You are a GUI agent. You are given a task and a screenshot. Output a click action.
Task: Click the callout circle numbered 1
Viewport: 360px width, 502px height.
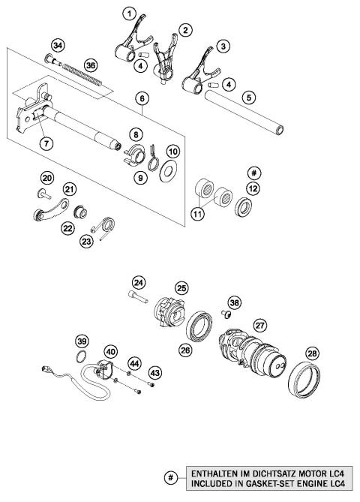tap(130, 14)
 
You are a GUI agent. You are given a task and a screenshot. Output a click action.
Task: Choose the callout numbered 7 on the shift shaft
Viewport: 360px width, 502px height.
tap(46, 142)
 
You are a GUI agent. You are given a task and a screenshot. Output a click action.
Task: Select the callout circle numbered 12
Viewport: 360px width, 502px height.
tap(253, 188)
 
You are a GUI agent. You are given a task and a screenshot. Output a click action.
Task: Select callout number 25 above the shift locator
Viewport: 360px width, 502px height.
tap(181, 287)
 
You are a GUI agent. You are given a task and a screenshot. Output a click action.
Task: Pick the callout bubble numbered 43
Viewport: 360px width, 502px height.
tap(155, 372)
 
